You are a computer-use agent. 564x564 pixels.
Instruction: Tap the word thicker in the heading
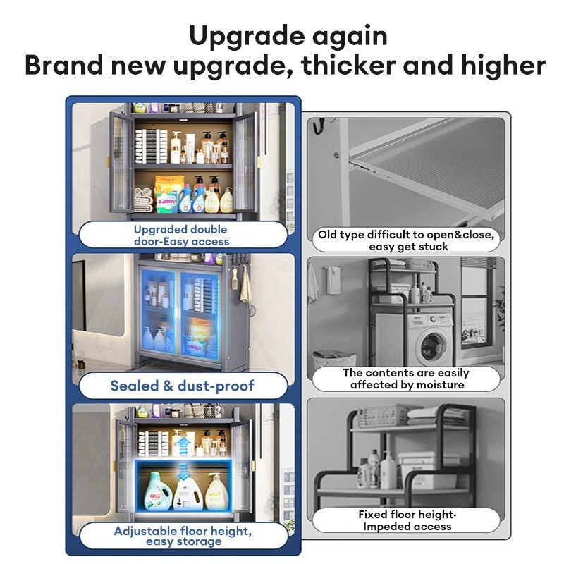[349, 65]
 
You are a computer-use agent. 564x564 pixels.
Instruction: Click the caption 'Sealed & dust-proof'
[183, 386]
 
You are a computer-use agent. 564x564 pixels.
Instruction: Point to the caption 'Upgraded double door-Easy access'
[181, 235]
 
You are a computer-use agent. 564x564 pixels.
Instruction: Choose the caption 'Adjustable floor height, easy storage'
[183, 536]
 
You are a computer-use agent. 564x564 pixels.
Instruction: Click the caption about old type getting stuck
[406, 240]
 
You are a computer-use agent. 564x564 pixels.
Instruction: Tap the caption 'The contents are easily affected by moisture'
[406, 379]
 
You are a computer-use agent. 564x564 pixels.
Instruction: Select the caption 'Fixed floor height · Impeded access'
[407, 520]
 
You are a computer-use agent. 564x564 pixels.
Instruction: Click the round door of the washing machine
[433, 346]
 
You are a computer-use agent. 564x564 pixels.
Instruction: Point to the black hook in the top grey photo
[319, 125]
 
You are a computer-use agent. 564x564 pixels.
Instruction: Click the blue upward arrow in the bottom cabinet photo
[184, 446]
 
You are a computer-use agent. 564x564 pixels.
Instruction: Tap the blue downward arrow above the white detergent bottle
[183, 471]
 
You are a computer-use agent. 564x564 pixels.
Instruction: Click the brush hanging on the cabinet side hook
[235, 278]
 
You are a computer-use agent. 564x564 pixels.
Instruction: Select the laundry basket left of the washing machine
[334, 359]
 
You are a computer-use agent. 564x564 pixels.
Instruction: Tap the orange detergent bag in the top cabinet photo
[168, 192]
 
